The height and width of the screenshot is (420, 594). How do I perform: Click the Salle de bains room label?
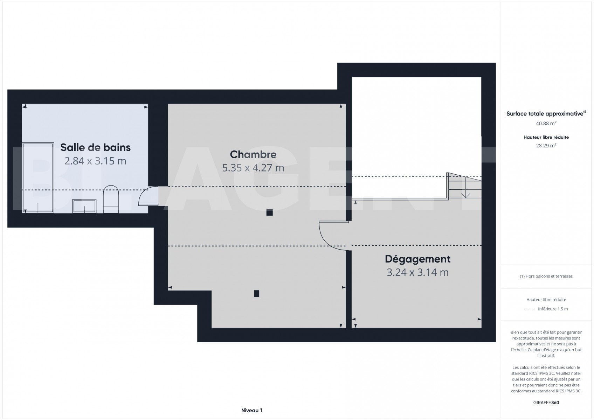[x=96, y=147]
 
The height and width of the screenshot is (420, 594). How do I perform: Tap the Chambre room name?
[x=253, y=154]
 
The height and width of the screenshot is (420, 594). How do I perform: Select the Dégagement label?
[x=417, y=259]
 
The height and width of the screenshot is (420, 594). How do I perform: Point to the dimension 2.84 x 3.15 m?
[x=95, y=161]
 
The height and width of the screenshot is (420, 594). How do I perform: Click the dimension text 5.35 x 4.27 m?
[x=253, y=168]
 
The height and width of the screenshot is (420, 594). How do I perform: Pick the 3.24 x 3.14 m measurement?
[x=417, y=272]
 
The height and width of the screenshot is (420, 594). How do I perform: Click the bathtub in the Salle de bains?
[x=38, y=178]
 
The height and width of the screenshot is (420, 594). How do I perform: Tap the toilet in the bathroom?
[x=111, y=199]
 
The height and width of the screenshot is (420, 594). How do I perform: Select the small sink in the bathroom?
[x=84, y=206]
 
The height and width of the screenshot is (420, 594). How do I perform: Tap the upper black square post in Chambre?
[x=269, y=212]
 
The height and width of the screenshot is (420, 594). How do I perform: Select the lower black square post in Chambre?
[x=256, y=294]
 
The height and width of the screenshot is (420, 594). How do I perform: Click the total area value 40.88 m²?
[x=546, y=124]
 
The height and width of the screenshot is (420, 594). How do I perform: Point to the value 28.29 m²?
[x=546, y=146]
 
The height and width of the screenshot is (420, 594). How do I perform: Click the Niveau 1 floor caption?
[x=252, y=411]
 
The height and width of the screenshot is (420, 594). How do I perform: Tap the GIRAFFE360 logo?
[x=546, y=403]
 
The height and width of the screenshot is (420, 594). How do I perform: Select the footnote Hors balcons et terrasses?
[x=546, y=276]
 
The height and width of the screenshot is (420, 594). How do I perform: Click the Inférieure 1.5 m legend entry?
[x=553, y=309]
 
